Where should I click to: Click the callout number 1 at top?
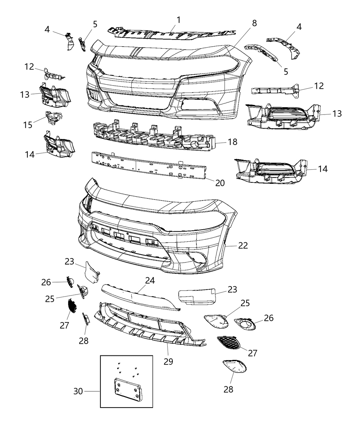179,20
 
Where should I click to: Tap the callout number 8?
254,23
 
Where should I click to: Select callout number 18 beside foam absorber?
232,142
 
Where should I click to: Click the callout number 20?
220,183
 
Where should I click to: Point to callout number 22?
243,245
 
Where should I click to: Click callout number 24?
150,280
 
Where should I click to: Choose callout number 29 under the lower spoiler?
168,361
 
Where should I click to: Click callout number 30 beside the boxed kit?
78,391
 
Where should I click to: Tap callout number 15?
28,125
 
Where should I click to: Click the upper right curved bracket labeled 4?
286,46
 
